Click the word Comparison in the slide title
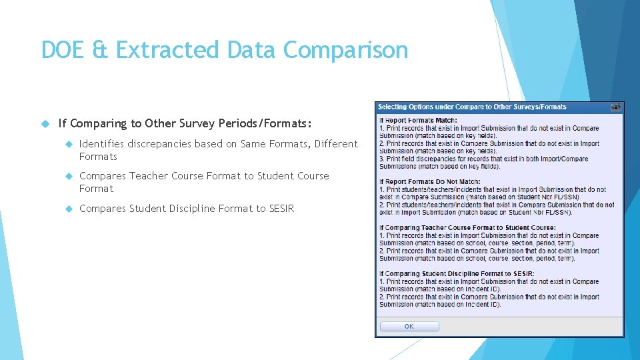[345, 50]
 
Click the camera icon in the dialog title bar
[616, 107]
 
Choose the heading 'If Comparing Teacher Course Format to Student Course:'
[467, 228]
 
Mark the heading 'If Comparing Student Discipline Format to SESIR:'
[457, 274]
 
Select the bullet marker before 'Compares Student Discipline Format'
[69, 209]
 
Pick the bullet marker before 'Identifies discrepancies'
[69, 144]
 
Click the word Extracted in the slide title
[167, 50]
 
